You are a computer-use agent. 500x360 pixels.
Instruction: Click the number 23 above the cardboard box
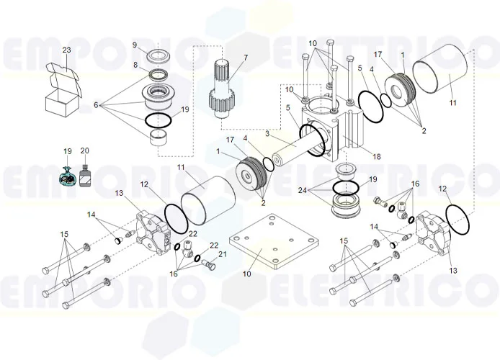pos(66,50)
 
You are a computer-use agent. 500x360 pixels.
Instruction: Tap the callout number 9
pos(134,45)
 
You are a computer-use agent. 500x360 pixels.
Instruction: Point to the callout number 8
pos(134,64)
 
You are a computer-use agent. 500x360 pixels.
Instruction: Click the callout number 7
pos(245,57)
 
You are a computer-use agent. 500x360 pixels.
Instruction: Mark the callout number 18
pos(376,156)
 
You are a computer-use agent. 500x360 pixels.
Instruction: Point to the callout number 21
pos(222,254)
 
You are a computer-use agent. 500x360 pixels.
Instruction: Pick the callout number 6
pos(96,104)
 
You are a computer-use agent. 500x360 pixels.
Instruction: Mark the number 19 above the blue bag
pos(68,151)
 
